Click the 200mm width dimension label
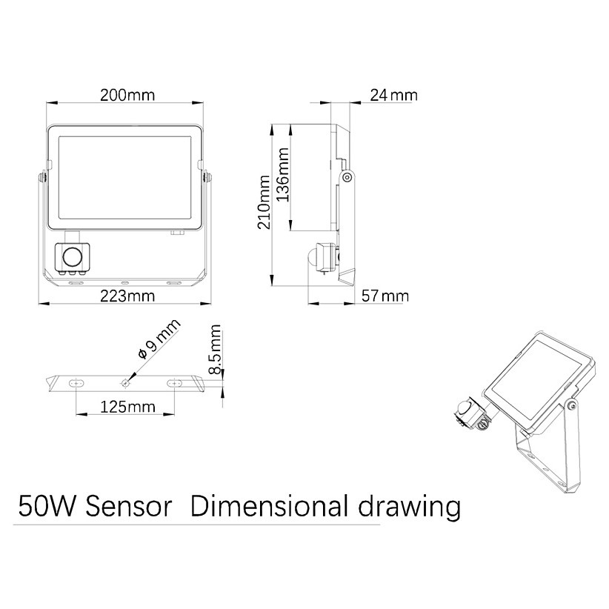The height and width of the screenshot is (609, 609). pos(127,95)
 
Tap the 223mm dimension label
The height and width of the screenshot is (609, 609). pos(127,296)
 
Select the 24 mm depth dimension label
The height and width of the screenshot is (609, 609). pos(393,95)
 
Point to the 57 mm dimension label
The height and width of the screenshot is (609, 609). pos(385,296)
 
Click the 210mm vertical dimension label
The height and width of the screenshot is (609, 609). pos(264,202)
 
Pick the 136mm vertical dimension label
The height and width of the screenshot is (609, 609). pos(283,174)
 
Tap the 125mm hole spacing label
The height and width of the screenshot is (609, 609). pos(127,407)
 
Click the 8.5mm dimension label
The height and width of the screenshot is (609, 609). pos(215,349)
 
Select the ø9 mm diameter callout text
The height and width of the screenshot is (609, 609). pos(159,339)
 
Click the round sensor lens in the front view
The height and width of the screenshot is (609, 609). pos(73,257)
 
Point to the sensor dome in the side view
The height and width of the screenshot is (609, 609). pos(311,257)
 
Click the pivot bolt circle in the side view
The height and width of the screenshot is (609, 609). pos(347,178)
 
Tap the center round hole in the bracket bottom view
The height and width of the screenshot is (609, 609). pos(125,383)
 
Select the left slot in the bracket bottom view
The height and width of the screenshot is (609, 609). pos(76,383)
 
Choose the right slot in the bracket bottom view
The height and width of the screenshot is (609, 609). pos(174,383)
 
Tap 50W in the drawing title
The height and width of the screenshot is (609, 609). pos(46,507)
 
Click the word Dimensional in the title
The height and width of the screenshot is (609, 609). pos(269,507)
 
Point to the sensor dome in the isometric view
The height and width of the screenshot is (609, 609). pos(463,407)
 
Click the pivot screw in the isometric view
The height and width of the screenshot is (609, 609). pos(570,405)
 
